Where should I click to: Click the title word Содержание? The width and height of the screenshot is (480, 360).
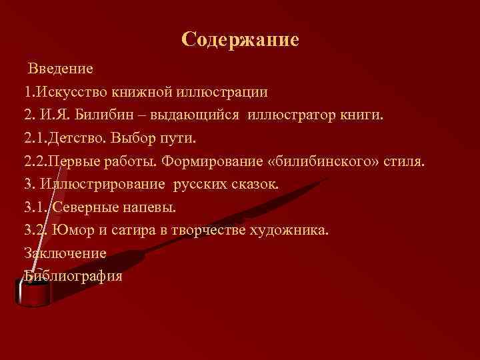pyautogui.click(x=240, y=40)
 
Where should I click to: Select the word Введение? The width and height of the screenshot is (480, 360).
pyautogui.click(x=61, y=68)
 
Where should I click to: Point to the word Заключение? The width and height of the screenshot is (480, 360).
pyautogui.click(x=65, y=253)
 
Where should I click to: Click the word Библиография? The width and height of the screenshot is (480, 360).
pyautogui.click(x=73, y=276)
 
